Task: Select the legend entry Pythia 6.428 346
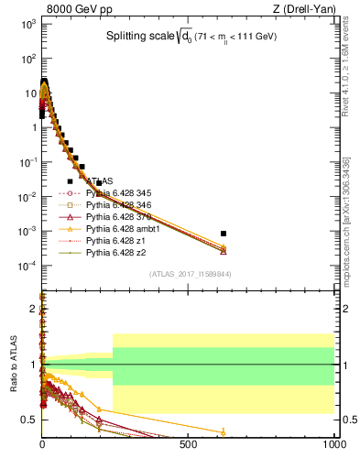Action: [x=116, y=205]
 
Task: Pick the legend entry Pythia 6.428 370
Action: [x=116, y=217]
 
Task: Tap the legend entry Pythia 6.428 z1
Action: [x=111, y=241]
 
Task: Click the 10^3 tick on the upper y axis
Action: [x=27, y=23]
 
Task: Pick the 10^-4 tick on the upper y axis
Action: [x=27, y=266]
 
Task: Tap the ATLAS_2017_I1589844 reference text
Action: [x=191, y=273]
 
